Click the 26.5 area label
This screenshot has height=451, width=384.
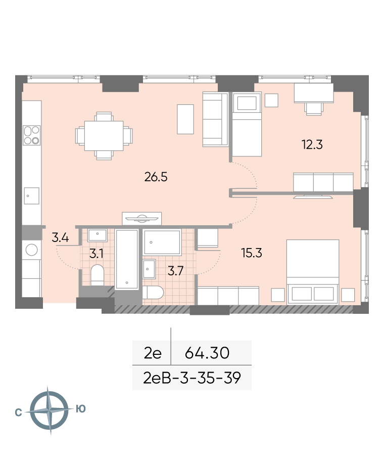click(156, 177)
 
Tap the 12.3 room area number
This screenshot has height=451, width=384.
click(312, 144)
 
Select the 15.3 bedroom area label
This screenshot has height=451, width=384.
click(252, 253)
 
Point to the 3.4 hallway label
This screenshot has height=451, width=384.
click(60, 237)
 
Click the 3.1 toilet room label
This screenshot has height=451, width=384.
click(96, 254)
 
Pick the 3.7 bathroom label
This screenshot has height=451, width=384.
click(175, 271)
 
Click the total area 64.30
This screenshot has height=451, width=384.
click(207, 353)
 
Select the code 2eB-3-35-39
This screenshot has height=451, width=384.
click(192, 378)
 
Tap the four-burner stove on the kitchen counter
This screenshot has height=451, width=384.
click(32, 135)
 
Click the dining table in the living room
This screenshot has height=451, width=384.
click(104, 136)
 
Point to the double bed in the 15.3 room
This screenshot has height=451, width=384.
click(313, 271)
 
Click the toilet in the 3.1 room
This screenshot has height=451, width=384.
click(98, 275)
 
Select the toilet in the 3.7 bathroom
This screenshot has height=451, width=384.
click(153, 293)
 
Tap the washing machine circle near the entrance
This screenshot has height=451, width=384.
click(32, 250)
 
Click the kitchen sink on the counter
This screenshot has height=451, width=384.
click(32, 196)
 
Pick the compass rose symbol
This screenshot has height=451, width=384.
click(50, 410)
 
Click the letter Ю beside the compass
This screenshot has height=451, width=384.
click(81, 408)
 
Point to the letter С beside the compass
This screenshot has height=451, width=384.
click(18, 413)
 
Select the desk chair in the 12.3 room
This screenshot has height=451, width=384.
click(314, 109)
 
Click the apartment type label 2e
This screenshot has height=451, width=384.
click(153, 353)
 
